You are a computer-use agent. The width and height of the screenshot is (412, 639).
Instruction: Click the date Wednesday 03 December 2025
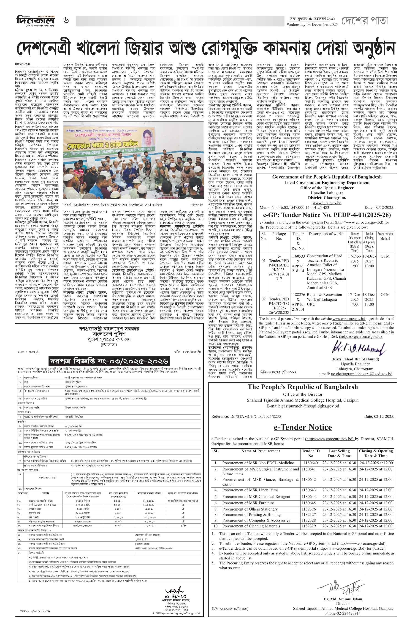tap(312, 25)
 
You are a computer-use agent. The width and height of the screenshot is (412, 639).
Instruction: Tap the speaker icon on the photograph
tap(196, 188)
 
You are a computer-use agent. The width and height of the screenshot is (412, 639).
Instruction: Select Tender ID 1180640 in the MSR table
tap(311, 463)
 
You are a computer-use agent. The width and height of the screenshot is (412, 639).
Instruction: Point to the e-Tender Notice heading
tap(303, 427)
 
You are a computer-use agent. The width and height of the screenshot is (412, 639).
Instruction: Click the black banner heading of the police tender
tap(109, 361)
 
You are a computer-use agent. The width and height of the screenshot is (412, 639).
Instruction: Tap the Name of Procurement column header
tap(260, 451)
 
